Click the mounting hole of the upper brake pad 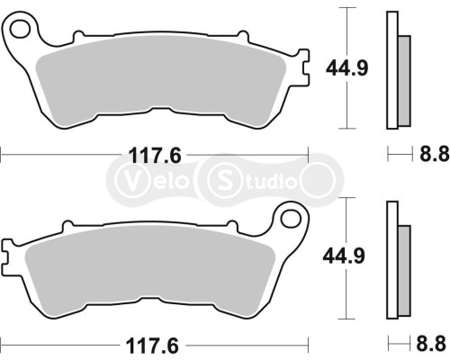[21, 34]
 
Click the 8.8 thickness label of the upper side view [435, 155]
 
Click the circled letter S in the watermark [222, 176]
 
